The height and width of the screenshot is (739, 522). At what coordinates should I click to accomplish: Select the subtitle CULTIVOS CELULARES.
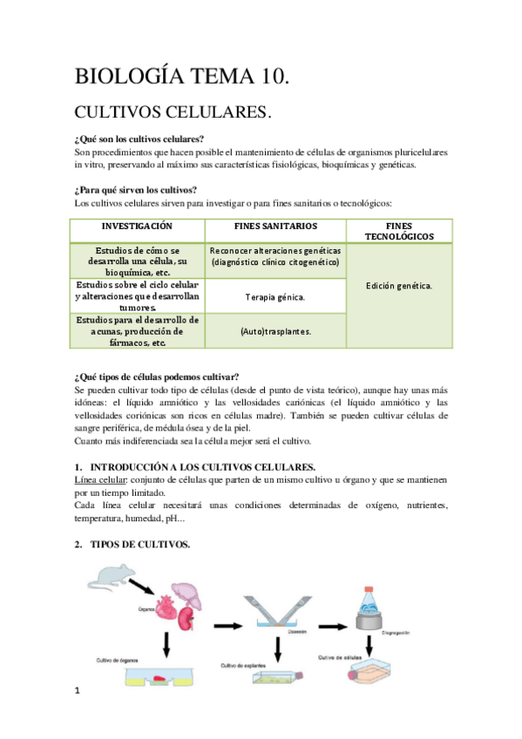(x=174, y=112)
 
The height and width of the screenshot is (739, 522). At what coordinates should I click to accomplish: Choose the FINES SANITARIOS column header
(x=275, y=226)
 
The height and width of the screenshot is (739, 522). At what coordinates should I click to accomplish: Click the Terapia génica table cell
(x=275, y=297)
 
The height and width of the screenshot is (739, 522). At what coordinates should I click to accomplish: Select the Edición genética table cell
(x=398, y=285)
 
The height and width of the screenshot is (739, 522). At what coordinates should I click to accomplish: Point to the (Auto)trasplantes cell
(x=275, y=331)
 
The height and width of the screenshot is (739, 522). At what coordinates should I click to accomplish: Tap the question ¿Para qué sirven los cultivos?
(x=136, y=190)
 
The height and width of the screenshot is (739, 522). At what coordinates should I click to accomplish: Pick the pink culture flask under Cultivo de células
(x=375, y=673)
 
